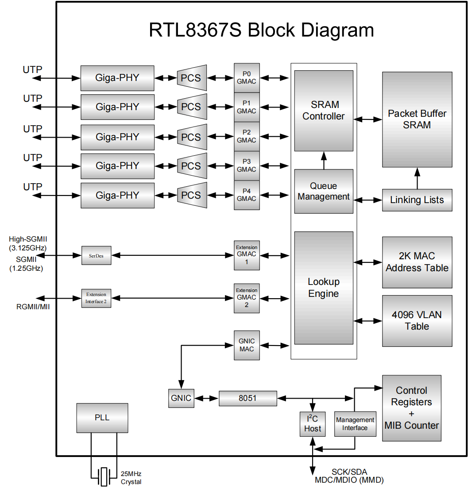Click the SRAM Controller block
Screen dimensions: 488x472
click(324, 111)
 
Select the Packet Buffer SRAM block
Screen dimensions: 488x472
click(417, 119)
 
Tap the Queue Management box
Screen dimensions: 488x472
click(324, 191)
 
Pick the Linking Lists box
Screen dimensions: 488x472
click(417, 200)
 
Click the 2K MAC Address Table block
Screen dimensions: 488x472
click(417, 262)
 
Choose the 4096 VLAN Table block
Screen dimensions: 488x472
click(417, 321)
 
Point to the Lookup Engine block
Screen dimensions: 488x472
click(324, 288)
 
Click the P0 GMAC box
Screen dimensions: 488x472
click(247, 78)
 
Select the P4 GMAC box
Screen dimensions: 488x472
click(247, 195)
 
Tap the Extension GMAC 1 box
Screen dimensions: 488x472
click(247, 255)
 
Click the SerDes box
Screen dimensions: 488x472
click(96, 256)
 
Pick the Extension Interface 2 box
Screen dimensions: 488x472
click(96, 299)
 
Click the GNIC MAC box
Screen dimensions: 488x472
click(247, 345)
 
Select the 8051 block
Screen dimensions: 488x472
click(248, 398)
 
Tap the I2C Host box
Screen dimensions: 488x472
click(313, 424)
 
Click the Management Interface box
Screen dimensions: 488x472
click(355, 424)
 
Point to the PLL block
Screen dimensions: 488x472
click(102, 418)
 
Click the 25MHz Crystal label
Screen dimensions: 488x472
click(131, 478)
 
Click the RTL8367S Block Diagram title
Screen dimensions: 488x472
click(261, 30)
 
